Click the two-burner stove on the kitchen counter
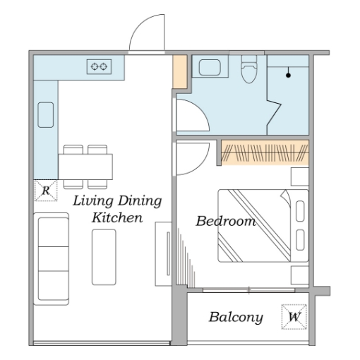tap(99, 67)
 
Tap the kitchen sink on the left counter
tap(46, 115)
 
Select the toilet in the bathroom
tap(249, 69)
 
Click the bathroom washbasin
tap(210, 68)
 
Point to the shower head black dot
tap(288, 76)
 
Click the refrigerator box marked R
tap(46, 191)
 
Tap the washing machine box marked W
tap(294, 317)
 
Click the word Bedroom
tap(226, 221)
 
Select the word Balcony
tap(236, 318)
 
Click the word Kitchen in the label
tap(117, 217)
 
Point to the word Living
tap(93, 201)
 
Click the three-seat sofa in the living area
tap(51, 259)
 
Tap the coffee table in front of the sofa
tap(104, 257)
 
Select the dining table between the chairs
tap(85, 167)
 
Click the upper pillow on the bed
tap(300, 211)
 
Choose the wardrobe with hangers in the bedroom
tap(265, 152)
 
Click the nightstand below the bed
tap(300, 275)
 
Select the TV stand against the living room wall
tap(163, 254)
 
